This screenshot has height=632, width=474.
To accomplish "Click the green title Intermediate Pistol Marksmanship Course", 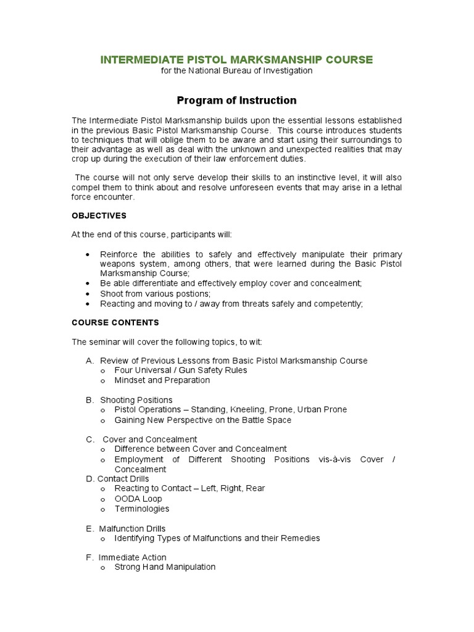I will coord(237,60).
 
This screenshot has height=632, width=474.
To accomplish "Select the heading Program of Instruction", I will coord(237,100).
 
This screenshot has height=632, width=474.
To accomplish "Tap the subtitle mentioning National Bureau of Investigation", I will coord(237,71).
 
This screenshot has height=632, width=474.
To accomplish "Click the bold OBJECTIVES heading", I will coord(99,215).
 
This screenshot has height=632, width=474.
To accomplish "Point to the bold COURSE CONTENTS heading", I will coord(115,322).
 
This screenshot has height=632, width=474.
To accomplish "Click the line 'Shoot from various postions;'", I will coord(155,293).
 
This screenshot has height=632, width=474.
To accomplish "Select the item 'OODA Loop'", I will coord(138,499).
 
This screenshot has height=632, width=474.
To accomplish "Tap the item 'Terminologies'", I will coord(142,509).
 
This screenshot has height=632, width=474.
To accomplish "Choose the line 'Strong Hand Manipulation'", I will coord(165,567).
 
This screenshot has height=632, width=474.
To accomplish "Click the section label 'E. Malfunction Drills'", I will coord(126,528).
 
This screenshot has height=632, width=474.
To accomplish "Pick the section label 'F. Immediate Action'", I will coord(126,557).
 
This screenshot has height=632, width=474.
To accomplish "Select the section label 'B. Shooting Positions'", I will coord(129,400).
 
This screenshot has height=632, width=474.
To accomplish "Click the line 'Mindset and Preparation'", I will coord(162,380).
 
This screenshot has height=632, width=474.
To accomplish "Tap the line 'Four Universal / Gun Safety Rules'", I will coord(180,370).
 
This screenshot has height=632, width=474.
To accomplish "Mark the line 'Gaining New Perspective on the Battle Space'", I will coord(202,420).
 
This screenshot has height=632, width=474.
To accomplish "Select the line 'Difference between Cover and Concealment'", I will coord(201,449).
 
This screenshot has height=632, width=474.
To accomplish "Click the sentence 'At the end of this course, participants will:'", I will coord(152,235).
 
